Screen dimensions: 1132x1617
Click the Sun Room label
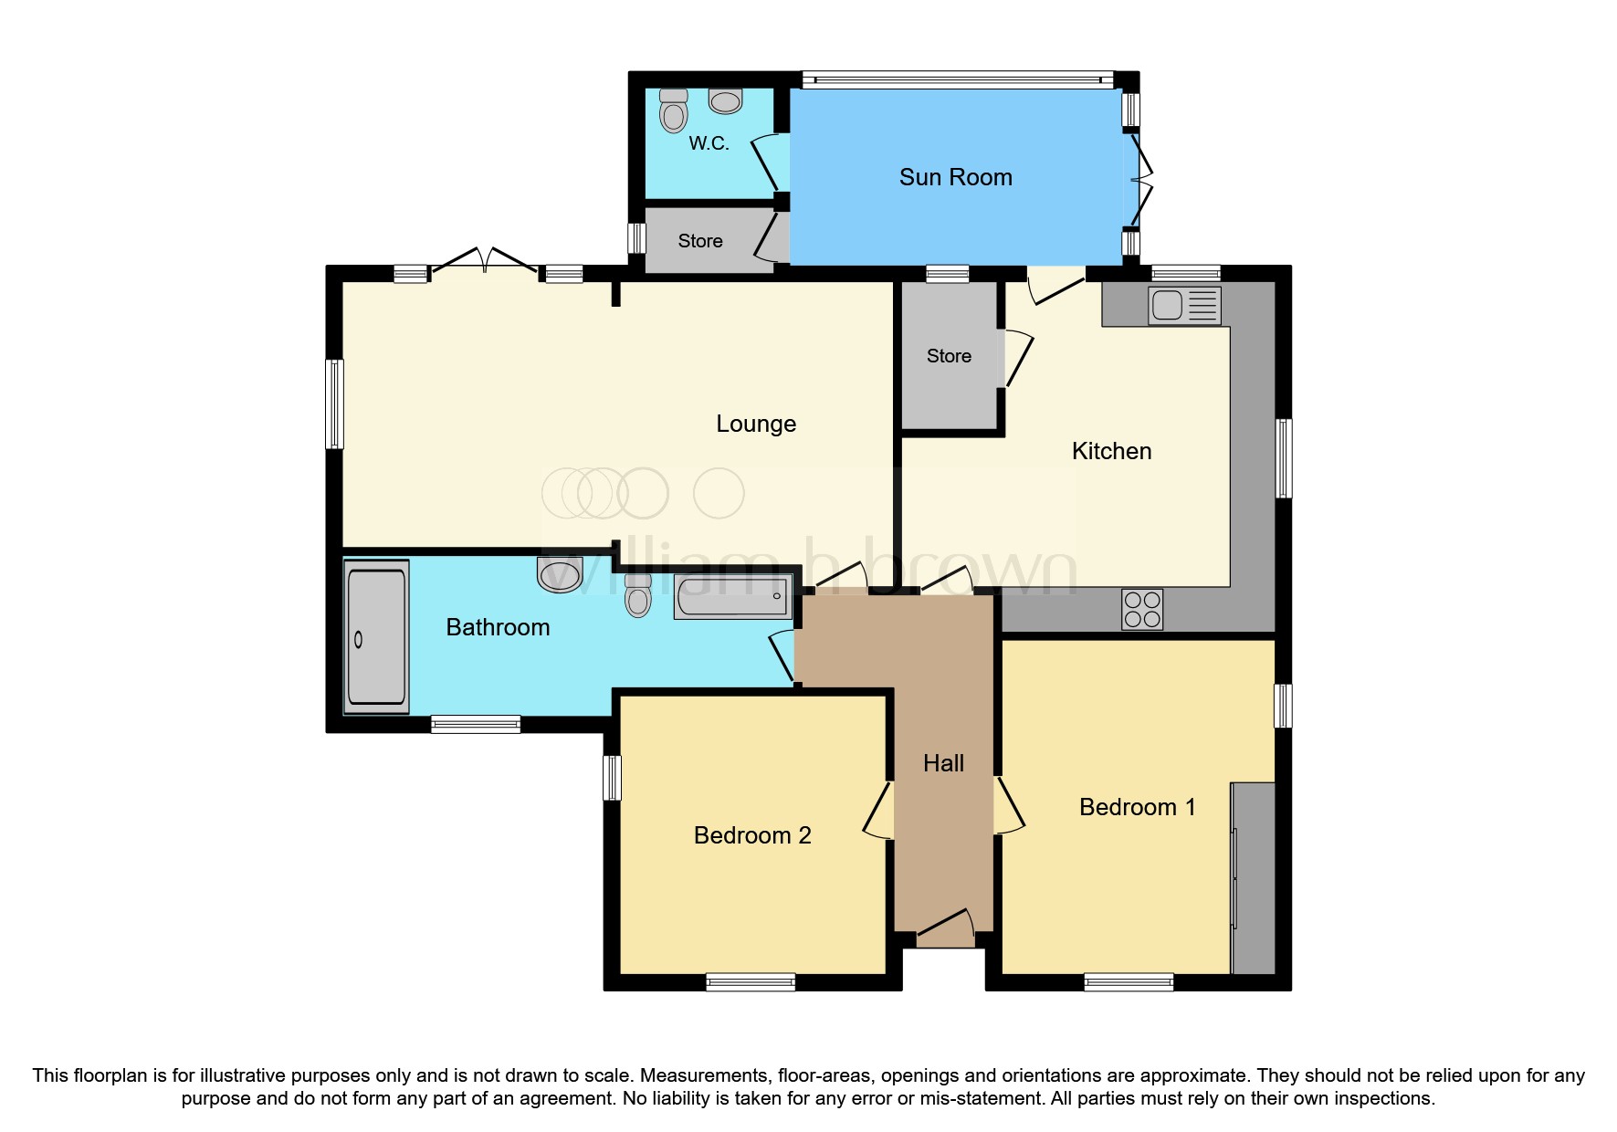tap(955, 177)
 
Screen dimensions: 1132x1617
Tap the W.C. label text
tap(709, 143)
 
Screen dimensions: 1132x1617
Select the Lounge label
tap(755, 424)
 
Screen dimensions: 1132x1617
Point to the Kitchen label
tap(1111, 451)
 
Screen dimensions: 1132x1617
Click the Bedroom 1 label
tap(1137, 807)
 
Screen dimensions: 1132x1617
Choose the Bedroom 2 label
tap(752, 835)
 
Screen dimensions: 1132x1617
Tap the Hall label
tap(943, 763)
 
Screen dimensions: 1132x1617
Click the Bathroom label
tap(498, 627)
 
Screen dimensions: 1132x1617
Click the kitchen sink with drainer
tap(1184, 306)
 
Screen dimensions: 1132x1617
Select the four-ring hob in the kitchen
tap(1142, 609)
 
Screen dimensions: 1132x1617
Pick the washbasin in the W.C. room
tap(725, 101)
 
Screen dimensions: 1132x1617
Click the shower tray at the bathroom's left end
tap(376, 637)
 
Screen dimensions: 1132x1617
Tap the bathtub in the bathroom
tap(731, 596)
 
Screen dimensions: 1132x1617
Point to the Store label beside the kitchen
tap(949, 356)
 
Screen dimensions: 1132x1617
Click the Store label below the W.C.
tap(700, 241)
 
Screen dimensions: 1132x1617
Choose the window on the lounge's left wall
tap(335, 404)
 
